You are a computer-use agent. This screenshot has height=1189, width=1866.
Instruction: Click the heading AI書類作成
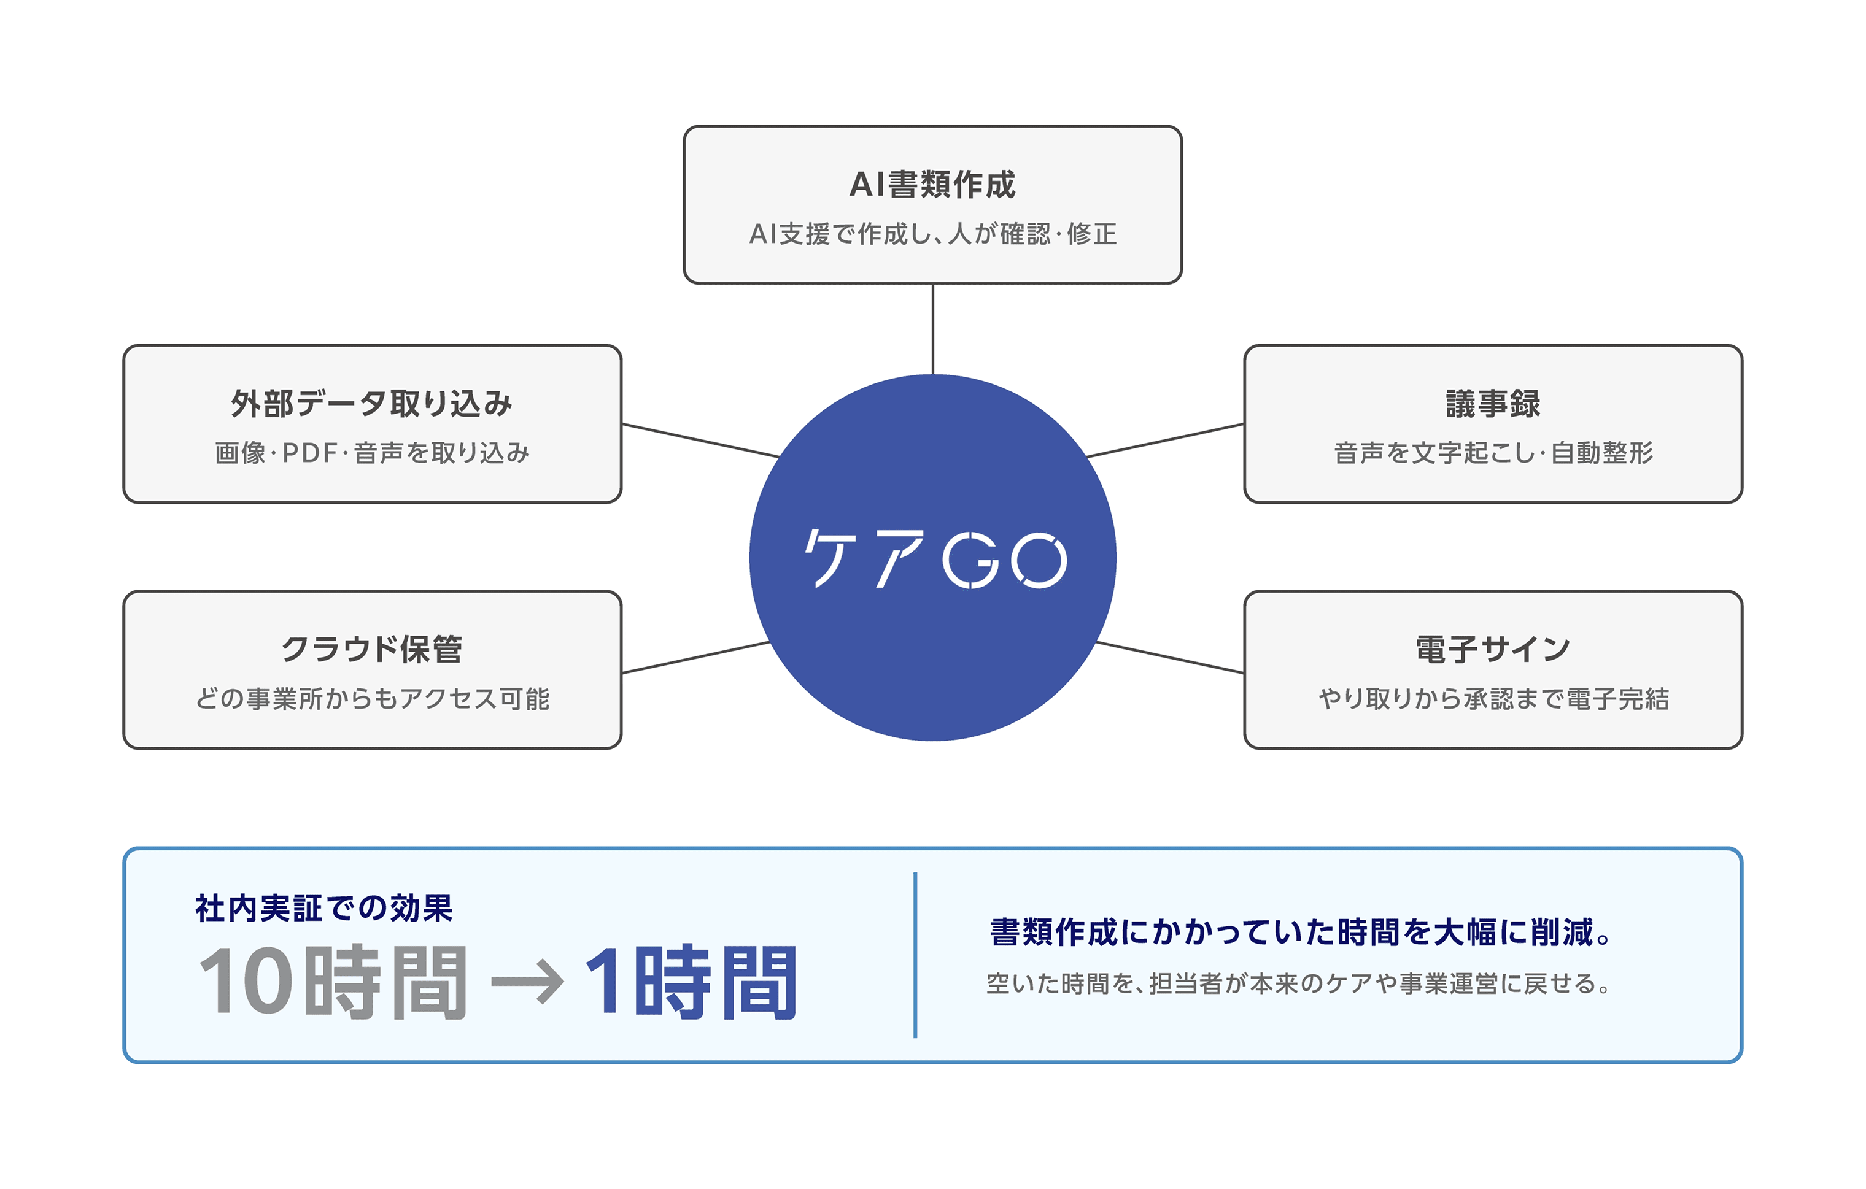tap(932, 184)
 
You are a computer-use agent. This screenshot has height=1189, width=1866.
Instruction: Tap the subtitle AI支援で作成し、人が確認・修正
tap(933, 233)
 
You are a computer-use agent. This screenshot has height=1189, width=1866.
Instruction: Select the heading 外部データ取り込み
tap(372, 404)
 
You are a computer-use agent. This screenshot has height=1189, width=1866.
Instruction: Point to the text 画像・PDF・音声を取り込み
tap(372, 452)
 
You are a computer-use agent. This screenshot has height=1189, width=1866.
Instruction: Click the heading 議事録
tap(1492, 404)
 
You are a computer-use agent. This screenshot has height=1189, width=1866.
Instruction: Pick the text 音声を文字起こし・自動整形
tap(1492, 452)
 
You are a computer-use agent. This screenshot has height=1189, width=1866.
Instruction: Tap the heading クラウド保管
tap(372, 649)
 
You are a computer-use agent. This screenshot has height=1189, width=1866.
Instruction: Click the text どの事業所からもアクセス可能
tap(372, 698)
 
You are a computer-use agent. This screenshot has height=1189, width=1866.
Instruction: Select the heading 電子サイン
tap(1492, 649)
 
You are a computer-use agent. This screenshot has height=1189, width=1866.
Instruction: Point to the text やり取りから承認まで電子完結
tap(1492, 698)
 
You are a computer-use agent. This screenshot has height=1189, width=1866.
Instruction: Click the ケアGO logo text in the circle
tap(935, 558)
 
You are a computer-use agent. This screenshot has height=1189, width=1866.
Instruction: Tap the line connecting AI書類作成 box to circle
tap(933, 329)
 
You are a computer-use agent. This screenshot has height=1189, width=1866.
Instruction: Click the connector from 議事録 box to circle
tap(1166, 440)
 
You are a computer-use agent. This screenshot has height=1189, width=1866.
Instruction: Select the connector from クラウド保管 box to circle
tap(696, 657)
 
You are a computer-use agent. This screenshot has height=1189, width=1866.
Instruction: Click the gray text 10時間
tap(333, 982)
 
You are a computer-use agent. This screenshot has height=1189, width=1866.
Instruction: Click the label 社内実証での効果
tap(324, 908)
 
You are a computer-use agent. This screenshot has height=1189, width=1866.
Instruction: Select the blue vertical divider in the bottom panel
tap(915, 955)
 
